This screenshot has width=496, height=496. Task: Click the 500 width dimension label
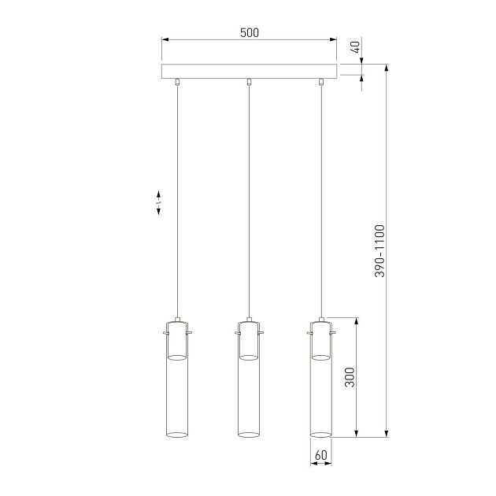click(x=249, y=33)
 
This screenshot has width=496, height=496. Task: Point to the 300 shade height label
click(x=349, y=379)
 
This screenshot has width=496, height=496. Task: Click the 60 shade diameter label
click(x=320, y=455)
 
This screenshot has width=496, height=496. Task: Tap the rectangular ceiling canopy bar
click(x=249, y=72)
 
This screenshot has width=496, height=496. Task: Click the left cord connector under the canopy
click(x=178, y=82)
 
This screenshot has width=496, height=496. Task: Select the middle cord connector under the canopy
click(x=249, y=82)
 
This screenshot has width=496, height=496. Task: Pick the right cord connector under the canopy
click(x=320, y=82)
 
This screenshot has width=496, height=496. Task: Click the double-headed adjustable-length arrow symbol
click(x=158, y=202)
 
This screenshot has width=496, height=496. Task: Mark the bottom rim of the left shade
click(x=178, y=433)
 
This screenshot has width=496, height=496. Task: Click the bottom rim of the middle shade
click(x=249, y=433)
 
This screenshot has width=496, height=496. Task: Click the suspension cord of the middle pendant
click(x=249, y=197)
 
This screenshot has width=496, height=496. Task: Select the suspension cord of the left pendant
click(x=178, y=197)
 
